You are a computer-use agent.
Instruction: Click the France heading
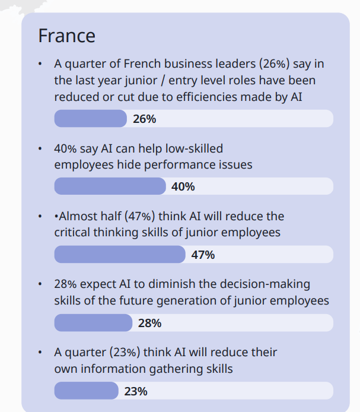tap(66, 36)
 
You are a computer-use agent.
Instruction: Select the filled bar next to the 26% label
tap(90, 119)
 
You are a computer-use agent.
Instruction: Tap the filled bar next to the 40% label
tap(110, 186)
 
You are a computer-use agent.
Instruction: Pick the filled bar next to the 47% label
tap(119, 255)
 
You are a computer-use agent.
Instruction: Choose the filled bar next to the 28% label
tap(93, 323)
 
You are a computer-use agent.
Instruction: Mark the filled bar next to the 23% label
tap(87, 391)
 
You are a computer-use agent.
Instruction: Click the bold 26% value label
tap(145, 119)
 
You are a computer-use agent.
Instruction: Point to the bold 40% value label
tap(183, 187)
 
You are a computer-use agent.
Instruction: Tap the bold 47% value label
tap(203, 255)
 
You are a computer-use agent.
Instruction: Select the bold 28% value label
tap(149, 324)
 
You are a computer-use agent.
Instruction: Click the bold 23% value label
tap(136, 392)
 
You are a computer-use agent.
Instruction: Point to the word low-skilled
tap(193, 148)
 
